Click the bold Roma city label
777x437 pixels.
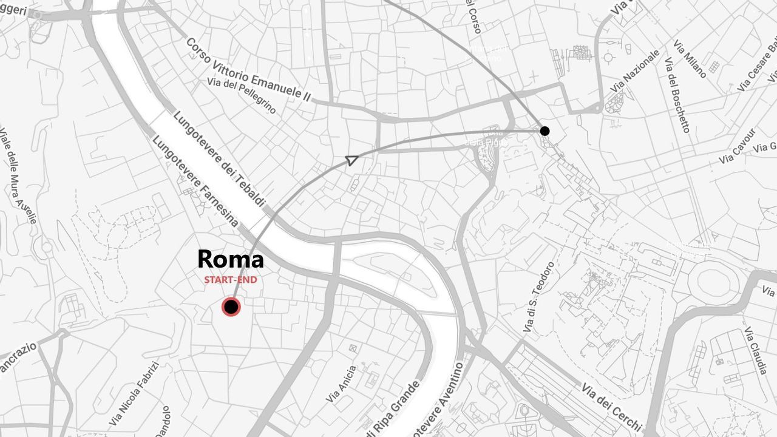[x=231, y=259]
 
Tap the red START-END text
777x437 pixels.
[x=230, y=280]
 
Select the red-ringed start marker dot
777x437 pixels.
[x=231, y=307]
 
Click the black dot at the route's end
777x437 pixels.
[x=545, y=130]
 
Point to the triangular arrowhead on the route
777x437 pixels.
[x=351, y=160]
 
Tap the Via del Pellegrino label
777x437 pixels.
[x=241, y=96]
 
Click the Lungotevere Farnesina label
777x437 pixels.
[x=195, y=181]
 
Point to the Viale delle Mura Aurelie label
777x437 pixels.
[x=18, y=175]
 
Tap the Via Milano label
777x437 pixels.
[x=690, y=59]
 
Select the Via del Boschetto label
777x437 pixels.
[x=677, y=95]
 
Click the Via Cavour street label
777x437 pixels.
[x=738, y=146]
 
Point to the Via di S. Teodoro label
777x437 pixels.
[x=538, y=297]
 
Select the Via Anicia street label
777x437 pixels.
[x=341, y=384]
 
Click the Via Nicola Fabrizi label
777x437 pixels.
[x=134, y=394]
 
